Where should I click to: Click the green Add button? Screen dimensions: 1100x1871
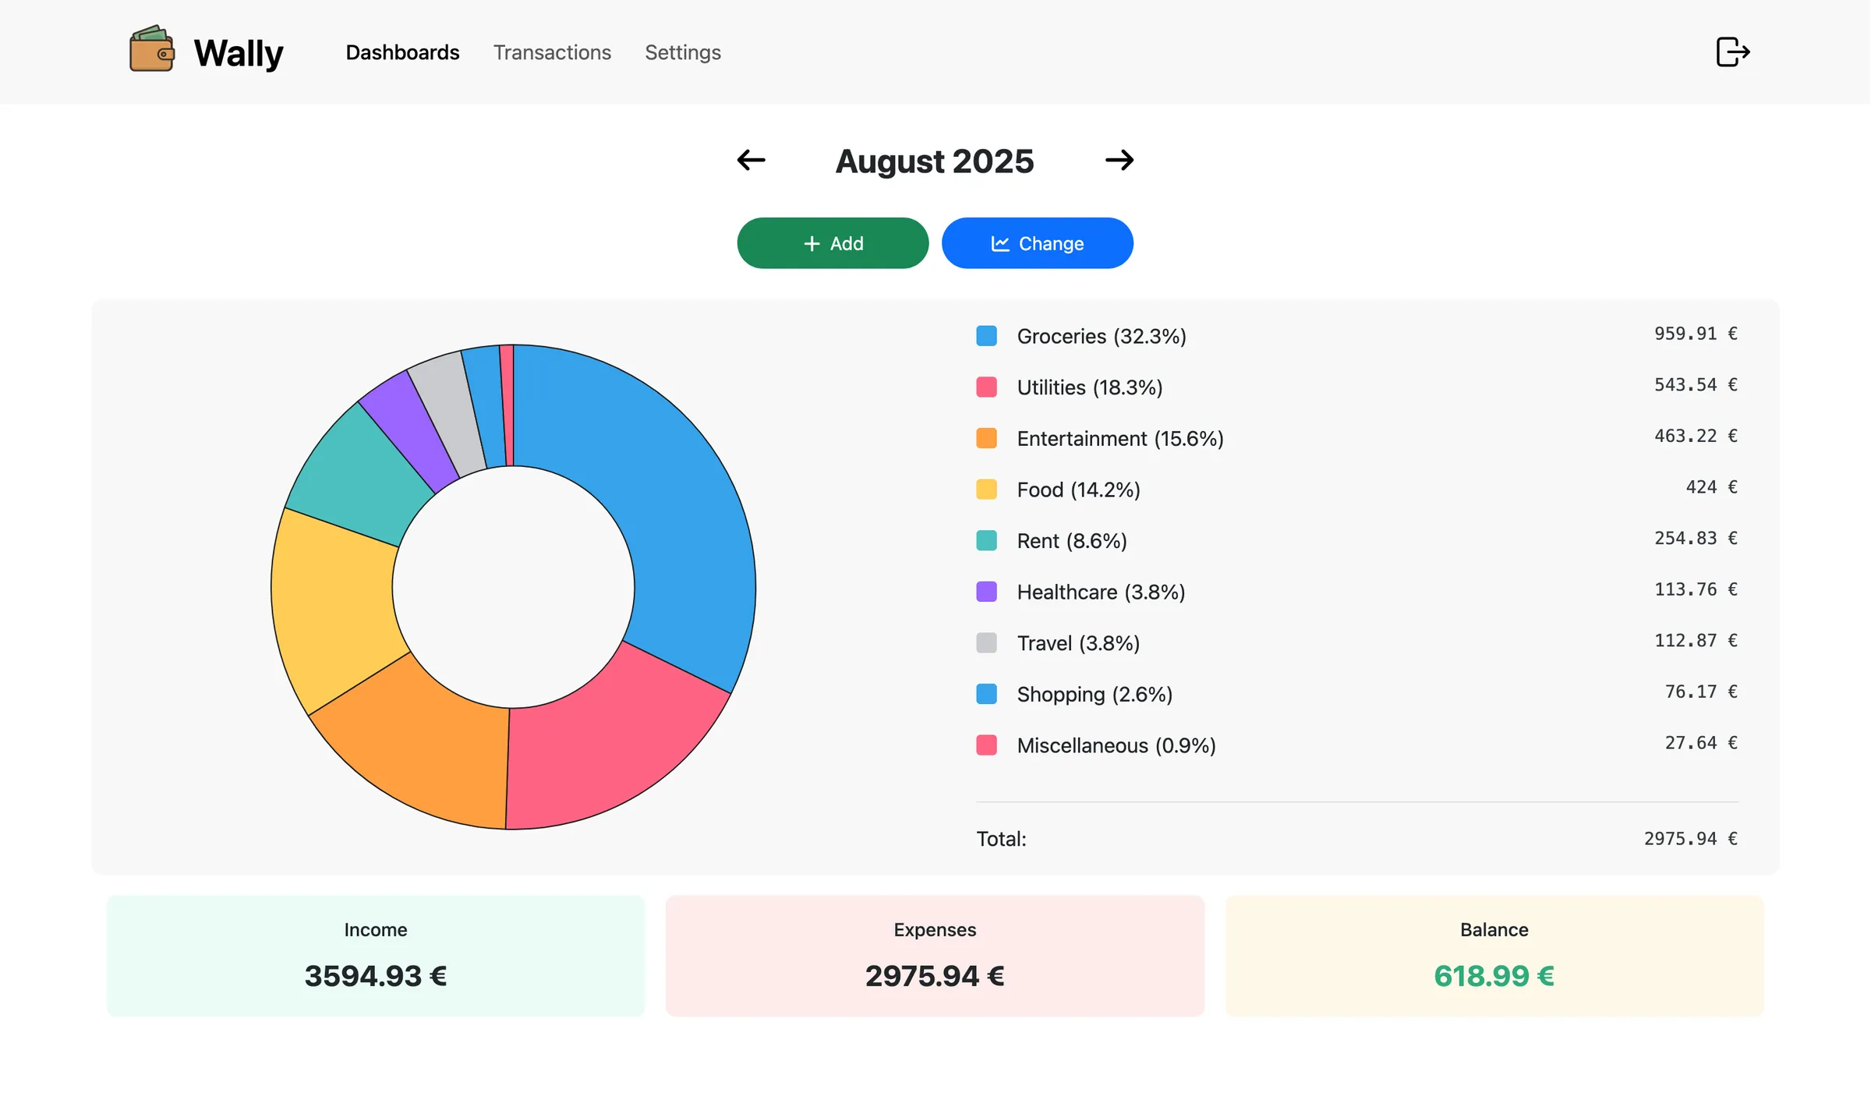[832, 243]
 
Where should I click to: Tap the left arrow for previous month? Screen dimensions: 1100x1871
[751, 161]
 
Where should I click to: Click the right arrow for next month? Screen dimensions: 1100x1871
[1119, 161]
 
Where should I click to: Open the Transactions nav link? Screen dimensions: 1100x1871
[552, 52]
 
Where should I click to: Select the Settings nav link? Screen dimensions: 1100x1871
[682, 52]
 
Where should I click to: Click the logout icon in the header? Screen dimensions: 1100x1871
[1732, 52]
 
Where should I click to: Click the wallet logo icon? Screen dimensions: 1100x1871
[151, 49]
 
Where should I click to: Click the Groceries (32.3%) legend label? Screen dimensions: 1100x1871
[1101, 336]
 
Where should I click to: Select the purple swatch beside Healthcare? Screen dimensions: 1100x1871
[986, 592]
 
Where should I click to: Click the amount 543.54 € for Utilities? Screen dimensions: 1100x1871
[1695, 385]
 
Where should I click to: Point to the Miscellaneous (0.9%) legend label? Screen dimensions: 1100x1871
[1116, 746]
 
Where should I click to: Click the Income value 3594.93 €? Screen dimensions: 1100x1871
[375, 976]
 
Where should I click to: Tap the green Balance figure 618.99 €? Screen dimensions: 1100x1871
[1493, 976]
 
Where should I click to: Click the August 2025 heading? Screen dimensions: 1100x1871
[934, 161]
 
